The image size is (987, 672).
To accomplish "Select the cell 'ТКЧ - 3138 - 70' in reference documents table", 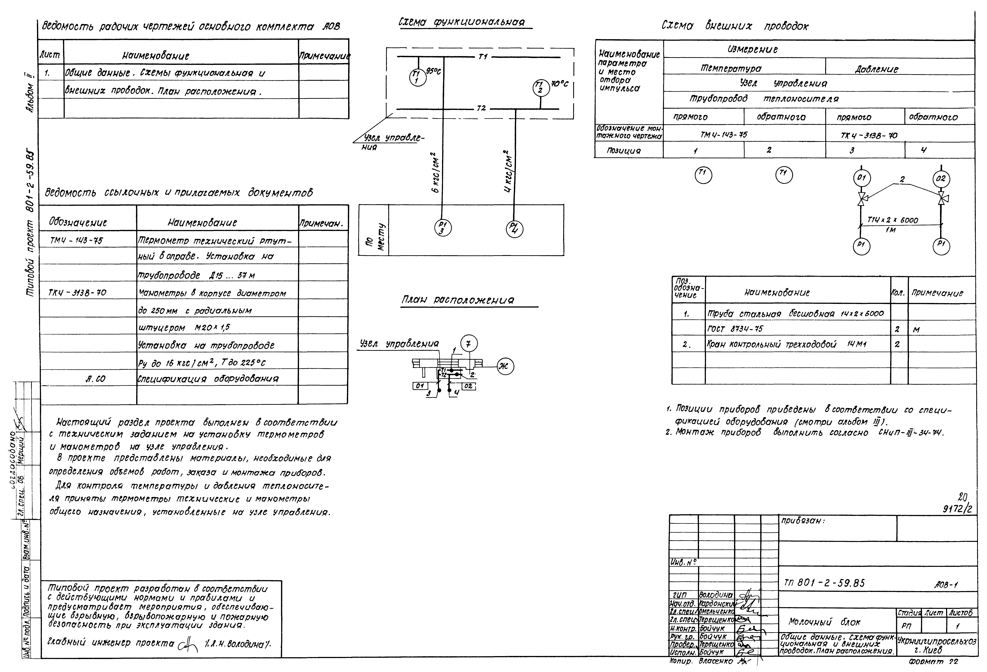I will [x=78, y=292].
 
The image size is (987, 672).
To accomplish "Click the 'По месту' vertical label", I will [x=374, y=237].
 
